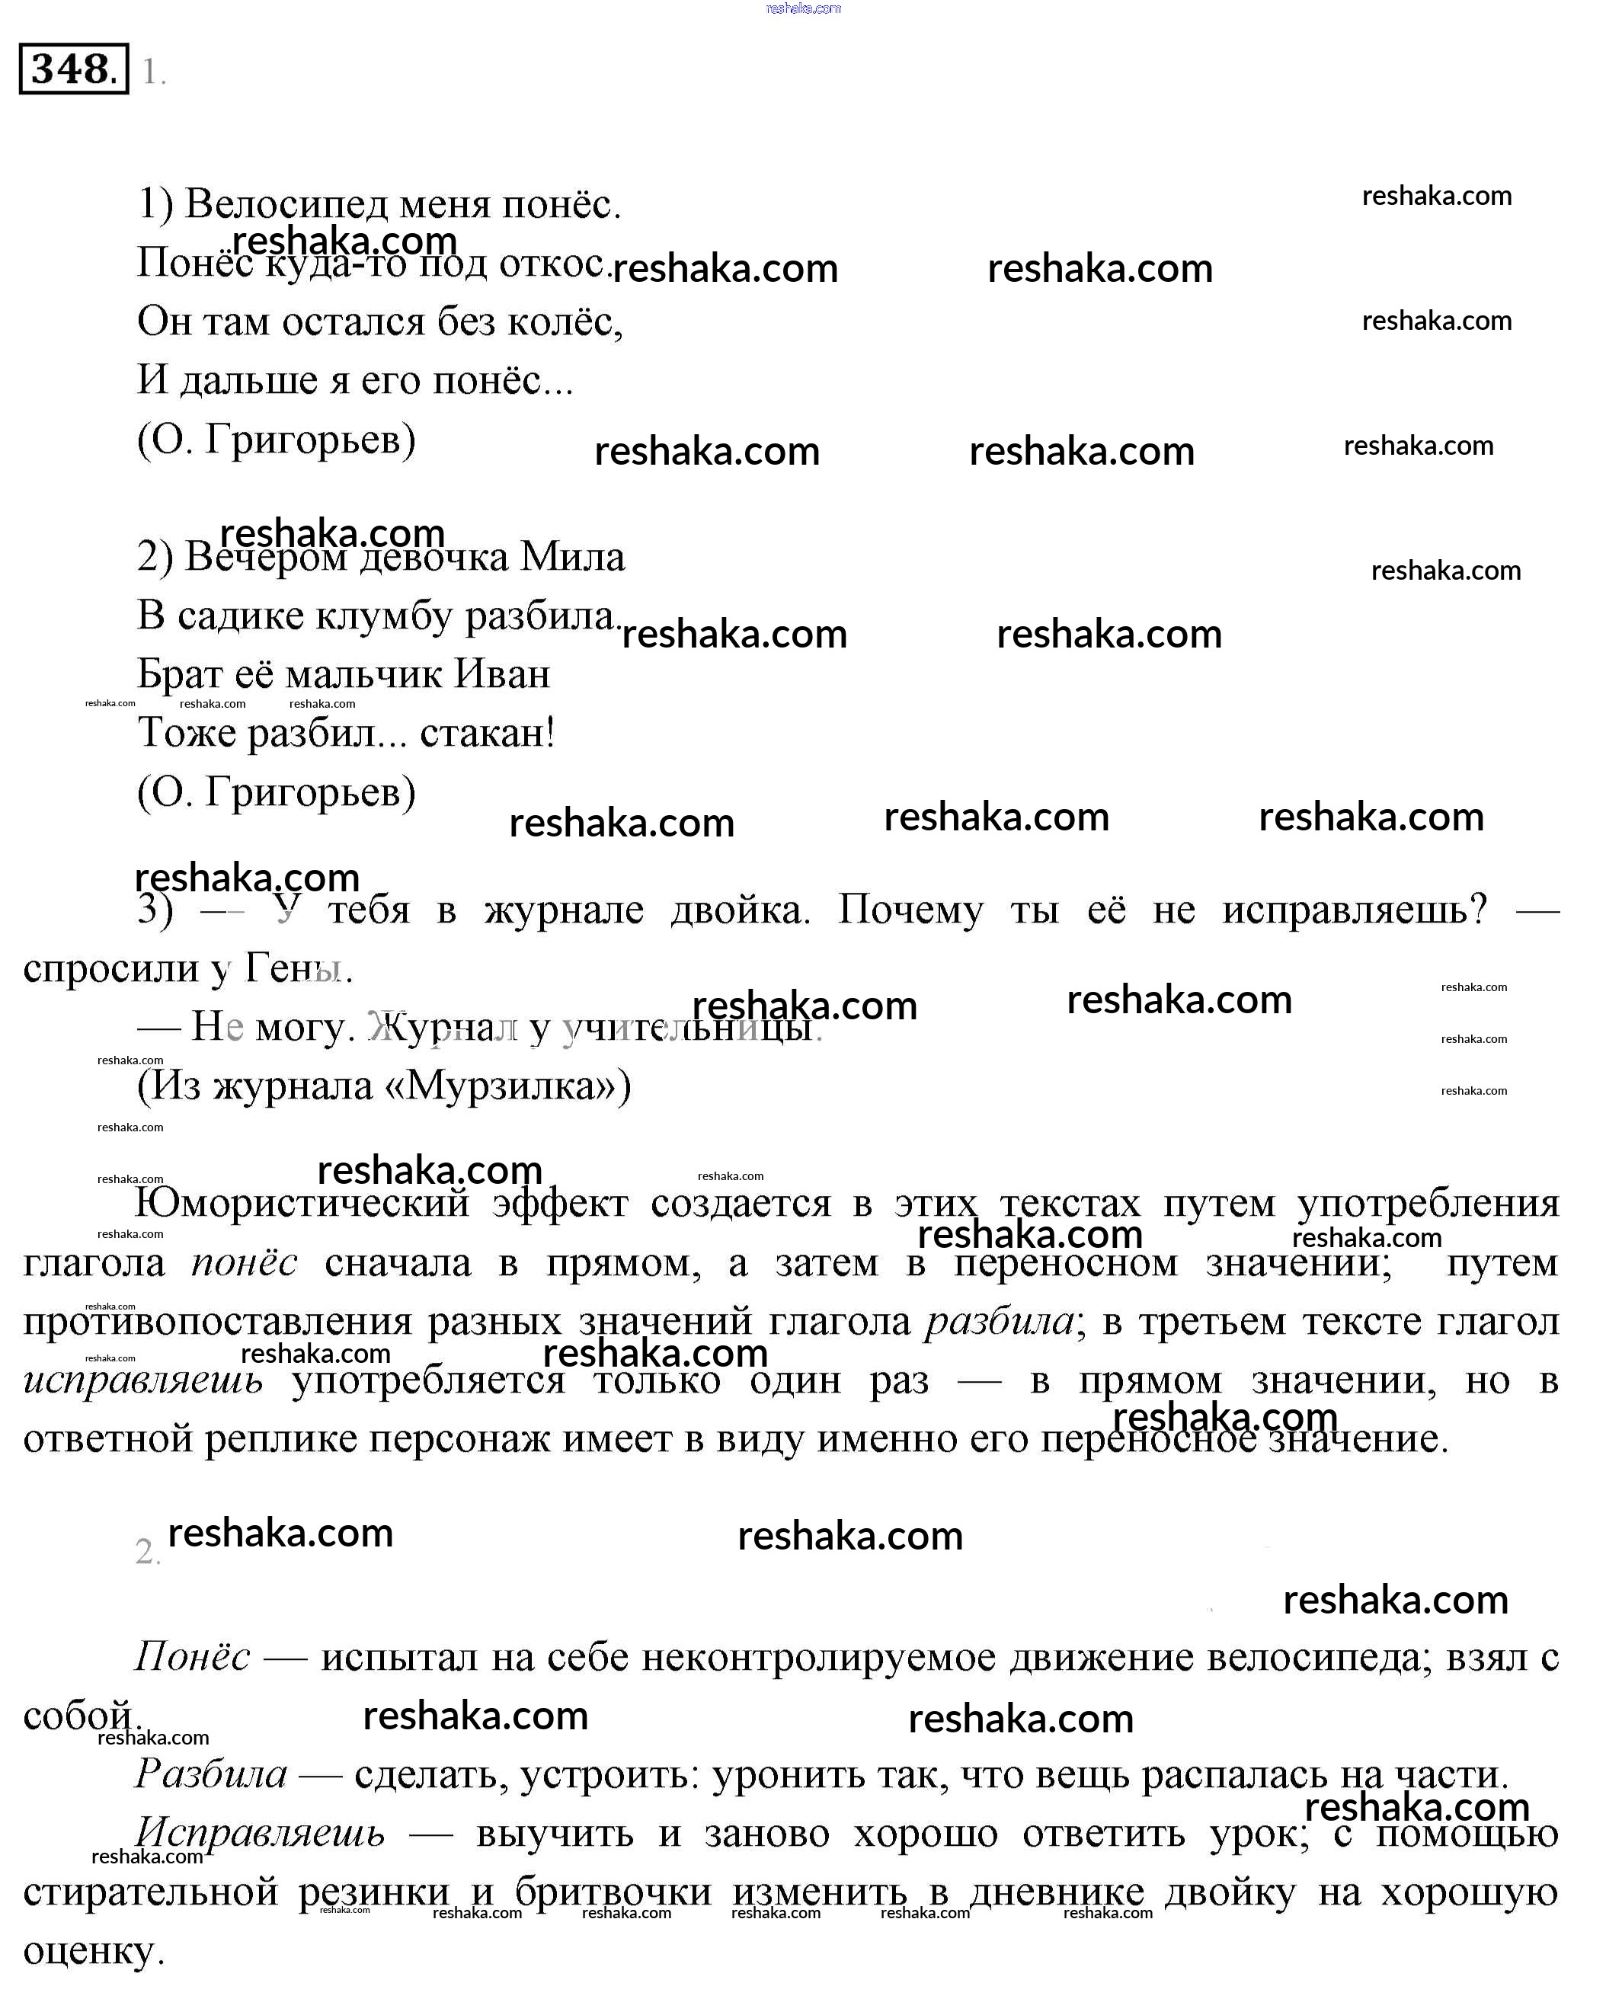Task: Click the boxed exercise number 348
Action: tap(72, 69)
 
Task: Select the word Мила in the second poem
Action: tap(572, 556)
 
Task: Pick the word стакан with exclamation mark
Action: tap(488, 734)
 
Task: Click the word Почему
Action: tap(910, 911)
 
